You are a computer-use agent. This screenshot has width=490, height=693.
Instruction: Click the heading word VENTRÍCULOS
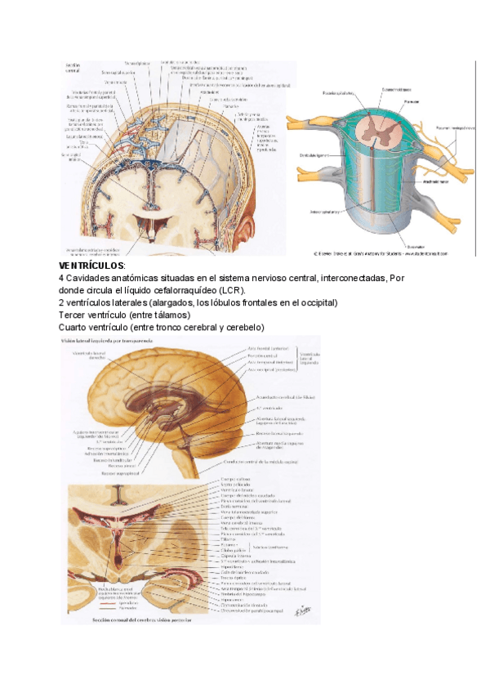point(91,266)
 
